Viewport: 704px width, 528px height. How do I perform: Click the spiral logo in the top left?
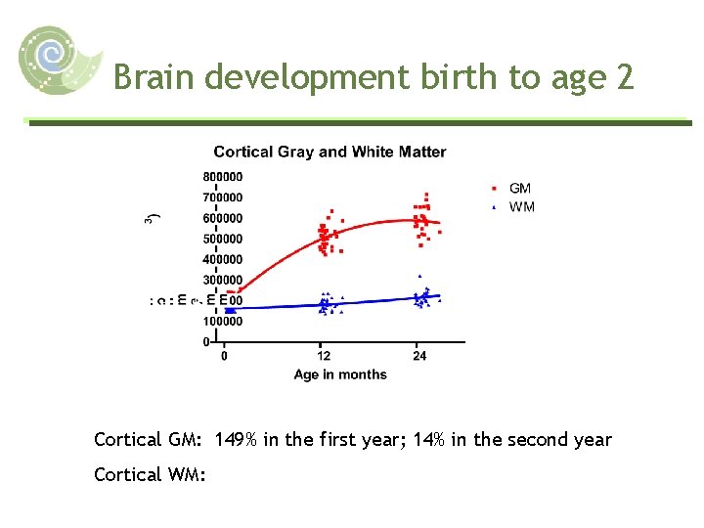pyautogui.click(x=59, y=61)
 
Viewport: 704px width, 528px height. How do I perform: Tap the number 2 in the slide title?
pyautogui.click(x=624, y=76)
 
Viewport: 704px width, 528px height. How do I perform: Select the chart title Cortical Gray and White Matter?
pyautogui.click(x=330, y=152)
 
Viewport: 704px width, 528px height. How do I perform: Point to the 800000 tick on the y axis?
pyautogui.click(x=223, y=177)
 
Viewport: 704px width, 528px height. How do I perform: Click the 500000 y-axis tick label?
pyautogui.click(x=223, y=239)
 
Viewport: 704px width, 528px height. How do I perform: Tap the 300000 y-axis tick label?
pyautogui.click(x=223, y=281)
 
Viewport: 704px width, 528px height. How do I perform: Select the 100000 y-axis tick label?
pyautogui.click(x=223, y=322)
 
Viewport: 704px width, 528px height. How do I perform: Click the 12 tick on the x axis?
pyautogui.click(x=324, y=356)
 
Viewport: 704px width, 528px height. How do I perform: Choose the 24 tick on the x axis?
pyautogui.click(x=419, y=356)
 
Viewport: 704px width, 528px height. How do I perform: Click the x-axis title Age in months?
pyautogui.click(x=340, y=374)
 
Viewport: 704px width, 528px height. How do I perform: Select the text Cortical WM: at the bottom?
pyautogui.click(x=149, y=474)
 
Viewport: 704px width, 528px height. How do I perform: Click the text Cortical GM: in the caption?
pyautogui.click(x=149, y=440)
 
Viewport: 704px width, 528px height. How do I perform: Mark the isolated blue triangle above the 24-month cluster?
pyautogui.click(x=419, y=277)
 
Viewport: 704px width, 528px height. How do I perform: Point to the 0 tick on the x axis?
pyautogui.click(x=225, y=356)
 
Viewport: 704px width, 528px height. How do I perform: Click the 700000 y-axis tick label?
pyautogui.click(x=223, y=198)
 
